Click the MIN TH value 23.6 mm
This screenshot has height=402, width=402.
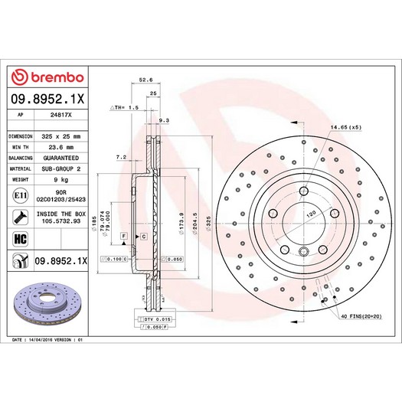61,146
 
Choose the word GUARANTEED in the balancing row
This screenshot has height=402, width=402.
61,157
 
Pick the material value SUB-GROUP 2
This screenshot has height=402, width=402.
61,168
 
